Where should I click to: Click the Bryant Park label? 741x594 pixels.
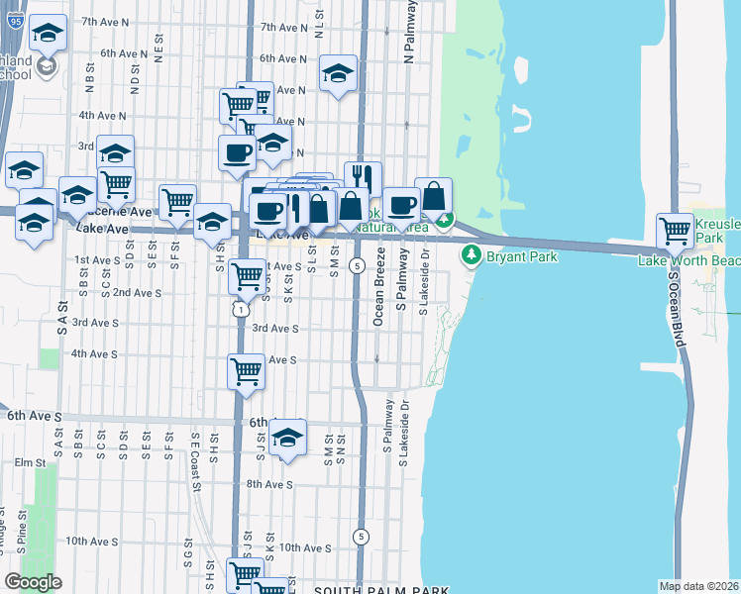click(521, 257)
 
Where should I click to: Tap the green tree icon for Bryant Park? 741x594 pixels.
click(472, 256)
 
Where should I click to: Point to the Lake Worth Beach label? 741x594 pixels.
click(689, 260)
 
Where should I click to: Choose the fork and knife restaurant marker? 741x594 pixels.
click(363, 179)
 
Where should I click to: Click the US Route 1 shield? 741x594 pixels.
click(240, 310)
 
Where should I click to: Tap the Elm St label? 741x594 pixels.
click(25, 461)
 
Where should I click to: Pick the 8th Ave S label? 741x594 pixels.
click(269, 484)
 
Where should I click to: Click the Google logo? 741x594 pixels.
click(33, 582)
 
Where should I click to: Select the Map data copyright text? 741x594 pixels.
click(699, 586)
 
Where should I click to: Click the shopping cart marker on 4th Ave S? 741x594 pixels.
click(246, 373)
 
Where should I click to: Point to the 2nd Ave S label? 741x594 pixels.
click(136, 293)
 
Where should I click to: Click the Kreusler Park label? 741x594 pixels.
click(717, 232)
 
